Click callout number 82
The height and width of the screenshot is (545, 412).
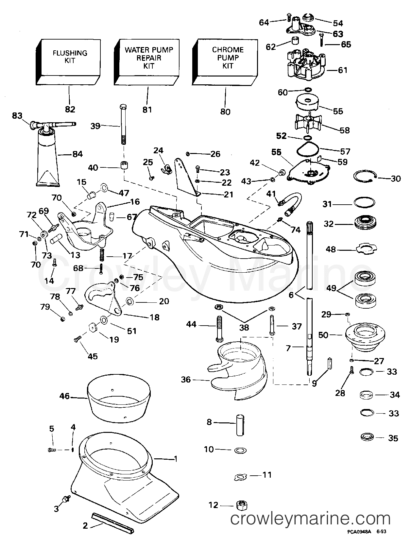click(x=70, y=109)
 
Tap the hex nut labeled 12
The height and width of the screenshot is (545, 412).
click(x=241, y=505)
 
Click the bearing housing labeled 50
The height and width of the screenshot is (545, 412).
click(x=365, y=335)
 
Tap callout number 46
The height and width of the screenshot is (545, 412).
click(x=64, y=396)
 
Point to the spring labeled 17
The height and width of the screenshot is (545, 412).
click(x=102, y=255)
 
